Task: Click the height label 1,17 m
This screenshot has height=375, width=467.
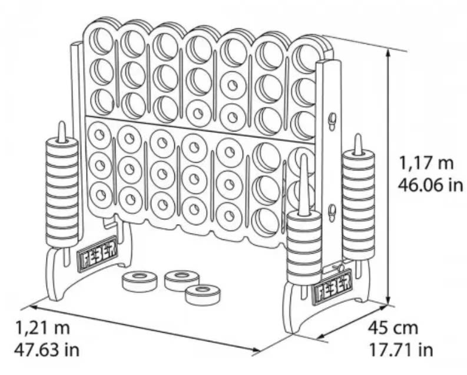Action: pyautogui.click(x=426, y=163)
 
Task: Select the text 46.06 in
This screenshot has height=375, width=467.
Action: pyautogui.click(x=430, y=185)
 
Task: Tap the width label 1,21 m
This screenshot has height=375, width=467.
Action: pyautogui.click(x=42, y=327)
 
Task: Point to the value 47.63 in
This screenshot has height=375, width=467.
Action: pyautogui.click(x=47, y=350)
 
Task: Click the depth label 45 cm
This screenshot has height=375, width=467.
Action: pyautogui.click(x=393, y=328)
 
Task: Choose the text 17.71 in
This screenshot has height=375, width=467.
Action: pyautogui.click(x=401, y=350)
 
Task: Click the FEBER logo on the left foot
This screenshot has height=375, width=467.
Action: pyautogui.click(x=97, y=254)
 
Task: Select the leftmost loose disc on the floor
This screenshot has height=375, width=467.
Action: pyautogui.click(x=139, y=281)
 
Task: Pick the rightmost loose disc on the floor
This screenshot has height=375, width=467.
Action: pyautogui.click(x=203, y=295)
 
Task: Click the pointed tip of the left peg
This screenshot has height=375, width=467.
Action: pyautogui.click(x=61, y=123)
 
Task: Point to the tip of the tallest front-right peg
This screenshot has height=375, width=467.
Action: pyautogui.click(x=303, y=154)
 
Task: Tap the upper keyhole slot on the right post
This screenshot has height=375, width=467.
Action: pyautogui.click(x=332, y=120)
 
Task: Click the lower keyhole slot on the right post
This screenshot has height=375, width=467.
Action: pyautogui.click(x=332, y=212)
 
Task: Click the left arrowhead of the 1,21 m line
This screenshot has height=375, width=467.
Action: pyautogui.click(x=33, y=307)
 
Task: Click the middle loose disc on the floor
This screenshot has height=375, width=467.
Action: pyautogui.click(x=182, y=280)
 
